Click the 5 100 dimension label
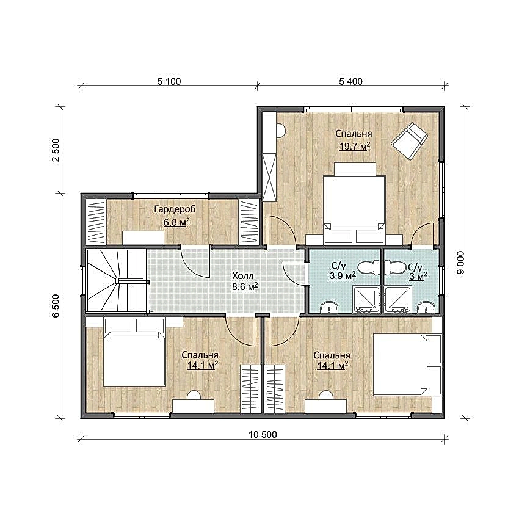(x=169, y=81)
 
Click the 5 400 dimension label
(x=351, y=81)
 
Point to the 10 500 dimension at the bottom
(x=263, y=435)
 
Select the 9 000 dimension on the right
(x=460, y=263)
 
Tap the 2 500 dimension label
(x=56, y=150)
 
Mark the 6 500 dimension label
(x=56, y=305)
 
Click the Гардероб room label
(x=175, y=209)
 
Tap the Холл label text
(x=243, y=276)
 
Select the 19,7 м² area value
(x=354, y=147)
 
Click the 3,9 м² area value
(x=343, y=276)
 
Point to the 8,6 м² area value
(x=245, y=286)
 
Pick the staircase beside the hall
(x=116, y=281)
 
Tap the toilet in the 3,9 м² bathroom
(x=369, y=267)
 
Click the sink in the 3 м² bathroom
(x=426, y=307)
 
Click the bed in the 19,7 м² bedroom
(x=354, y=203)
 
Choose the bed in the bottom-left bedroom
(x=134, y=352)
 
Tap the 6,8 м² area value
(x=176, y=222)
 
